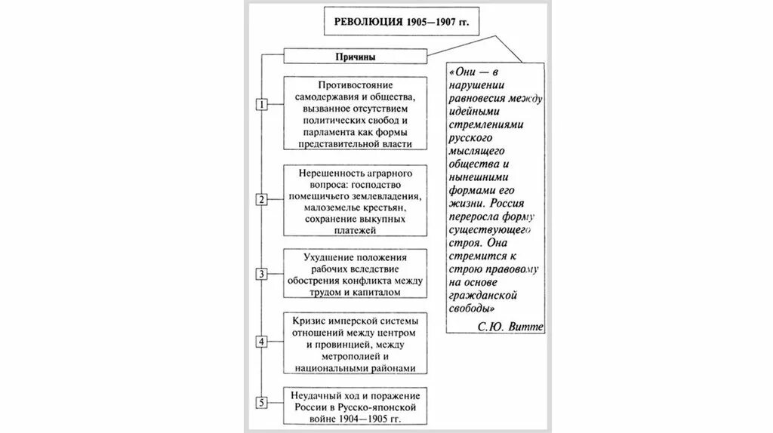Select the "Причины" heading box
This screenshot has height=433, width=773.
(x=355, y=57)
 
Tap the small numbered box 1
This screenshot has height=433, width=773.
(x=261, y=105)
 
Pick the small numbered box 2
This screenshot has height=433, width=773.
(x=261, y=200)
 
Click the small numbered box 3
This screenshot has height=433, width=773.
(x=261, y=274)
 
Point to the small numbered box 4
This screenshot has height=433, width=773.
(x=261, y=342)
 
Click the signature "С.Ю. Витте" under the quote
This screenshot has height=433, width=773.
(x=510, y=327)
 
